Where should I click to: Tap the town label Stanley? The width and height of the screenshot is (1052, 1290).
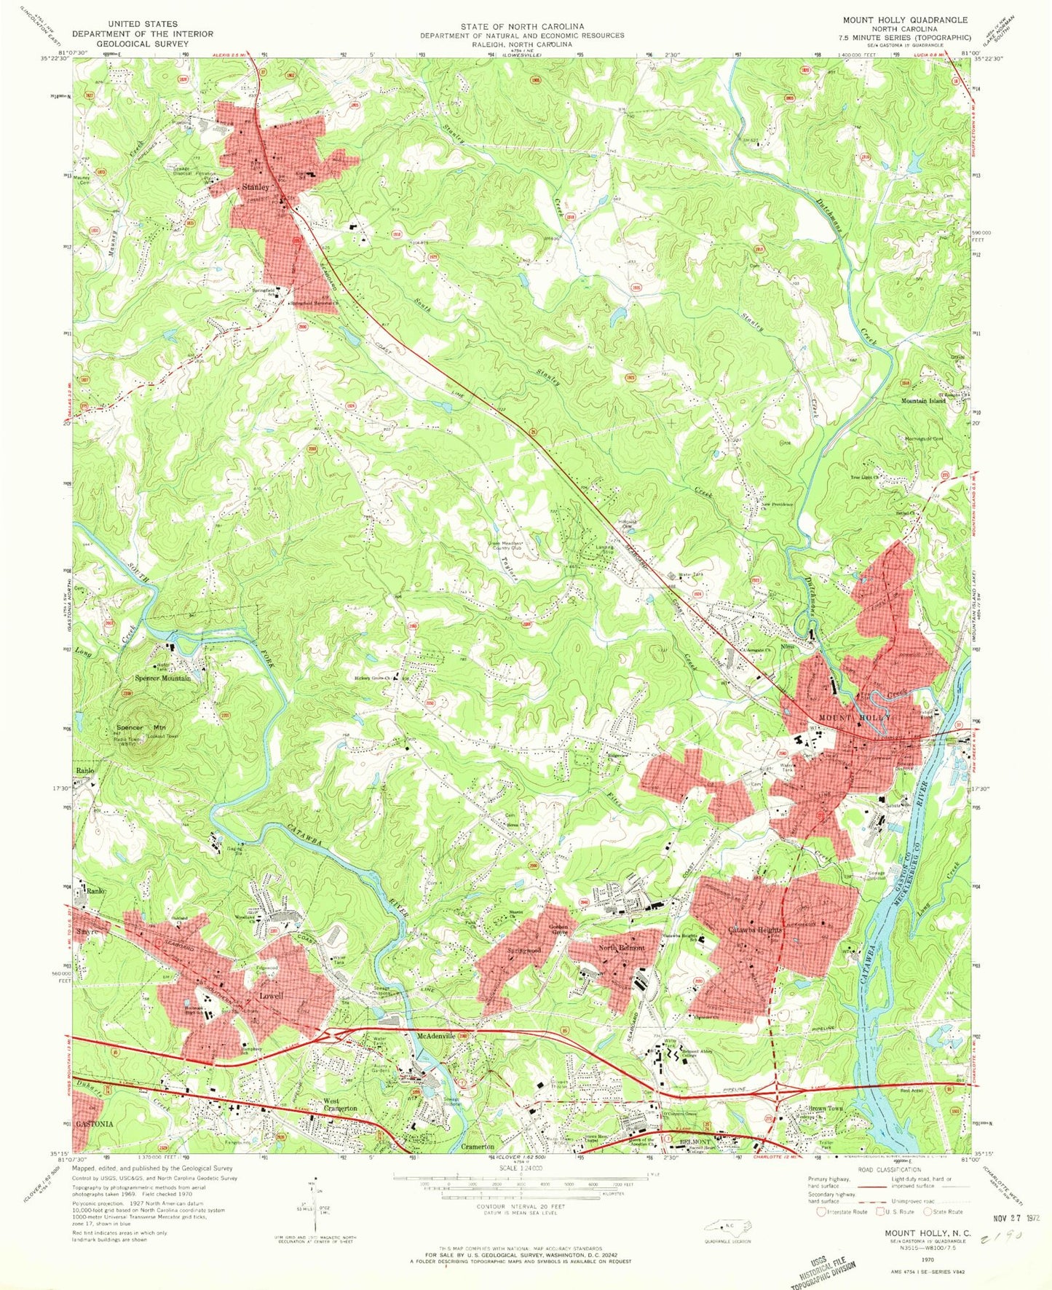256,187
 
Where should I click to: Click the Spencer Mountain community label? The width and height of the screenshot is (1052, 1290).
163,678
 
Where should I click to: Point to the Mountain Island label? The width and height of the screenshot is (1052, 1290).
923,401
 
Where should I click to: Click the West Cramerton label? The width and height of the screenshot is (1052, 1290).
341,1104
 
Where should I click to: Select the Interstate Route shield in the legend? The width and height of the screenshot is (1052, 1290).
822,1211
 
